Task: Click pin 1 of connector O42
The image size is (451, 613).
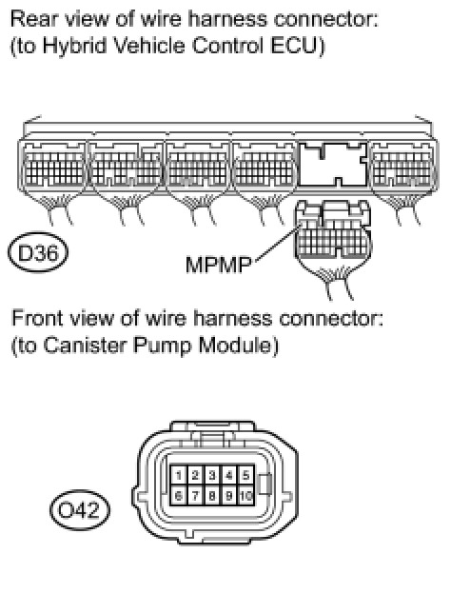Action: click(179, 475)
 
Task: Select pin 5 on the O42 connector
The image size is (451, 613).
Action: click(245, 475)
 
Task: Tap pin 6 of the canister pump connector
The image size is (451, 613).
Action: click(179, 495)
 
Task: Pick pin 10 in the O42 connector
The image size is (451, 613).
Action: click(245, 495)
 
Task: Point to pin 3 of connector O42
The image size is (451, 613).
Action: click(212, 475)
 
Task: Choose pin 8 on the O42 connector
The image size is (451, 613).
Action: click(212, 495)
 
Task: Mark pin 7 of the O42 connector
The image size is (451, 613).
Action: click(195, 495)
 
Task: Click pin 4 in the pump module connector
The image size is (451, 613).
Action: click(229, 475)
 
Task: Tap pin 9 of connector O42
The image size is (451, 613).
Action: click(229, 495)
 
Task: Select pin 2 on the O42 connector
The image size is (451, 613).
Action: click(195, 475)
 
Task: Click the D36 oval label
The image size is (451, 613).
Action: click(38, 252)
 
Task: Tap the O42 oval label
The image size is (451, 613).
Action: click(80, 510)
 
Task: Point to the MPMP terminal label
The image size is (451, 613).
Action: click(219, 265)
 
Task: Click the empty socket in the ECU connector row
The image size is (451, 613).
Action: click(333, 164)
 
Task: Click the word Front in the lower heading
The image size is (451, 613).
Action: click(37, 318)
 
